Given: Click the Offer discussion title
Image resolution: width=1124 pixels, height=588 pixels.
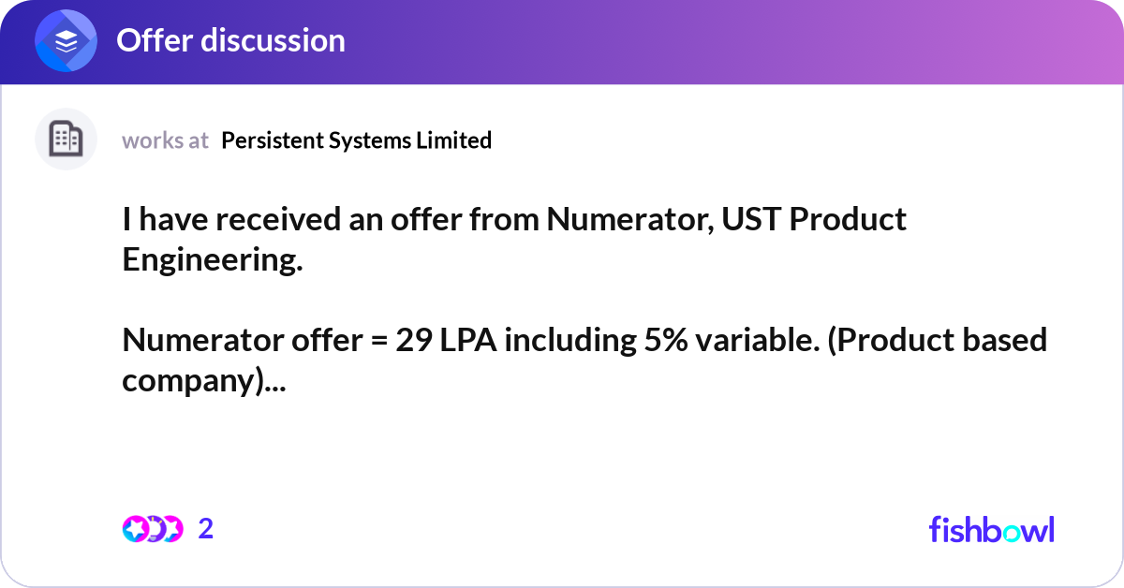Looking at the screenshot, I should coord(230,40).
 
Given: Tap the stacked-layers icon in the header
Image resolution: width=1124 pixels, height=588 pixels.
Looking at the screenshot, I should coord(67,41).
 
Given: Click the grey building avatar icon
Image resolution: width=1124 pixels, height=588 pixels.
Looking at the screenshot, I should coord(66,140).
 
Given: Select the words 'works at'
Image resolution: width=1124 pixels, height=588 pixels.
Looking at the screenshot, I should coord(165,140).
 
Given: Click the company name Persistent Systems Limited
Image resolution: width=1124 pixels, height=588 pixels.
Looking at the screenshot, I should coord(357,140).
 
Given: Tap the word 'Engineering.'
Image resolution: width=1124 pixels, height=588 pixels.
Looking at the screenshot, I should coord(213,259).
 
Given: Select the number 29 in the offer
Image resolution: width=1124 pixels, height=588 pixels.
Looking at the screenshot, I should coord(412,340).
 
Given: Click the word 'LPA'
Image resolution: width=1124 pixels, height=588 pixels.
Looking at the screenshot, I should coord(471,340).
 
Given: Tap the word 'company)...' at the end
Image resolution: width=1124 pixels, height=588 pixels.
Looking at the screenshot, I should coord(205,380).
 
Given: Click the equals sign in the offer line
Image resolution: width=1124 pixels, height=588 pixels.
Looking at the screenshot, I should coord(374,341).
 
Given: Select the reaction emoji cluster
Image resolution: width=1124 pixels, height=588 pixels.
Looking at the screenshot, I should coord(152,529).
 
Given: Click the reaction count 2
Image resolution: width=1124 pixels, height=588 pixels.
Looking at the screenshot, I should coord(206,529).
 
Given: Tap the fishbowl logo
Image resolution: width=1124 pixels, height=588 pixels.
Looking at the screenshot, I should coord(991,529).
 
